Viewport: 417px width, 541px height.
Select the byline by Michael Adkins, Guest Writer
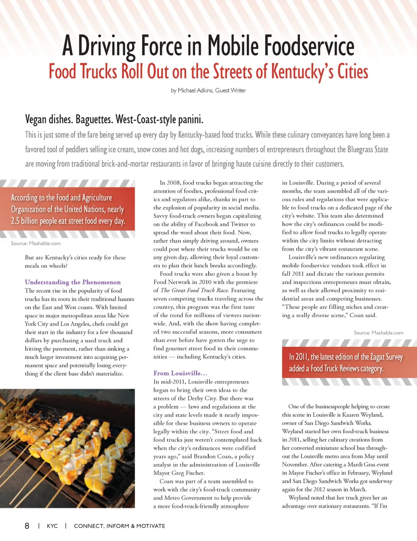(208, 90)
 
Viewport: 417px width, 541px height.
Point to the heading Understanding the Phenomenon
(73, 282)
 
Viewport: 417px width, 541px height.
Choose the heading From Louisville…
(180, 373)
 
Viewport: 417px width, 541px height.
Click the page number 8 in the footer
(27, 526)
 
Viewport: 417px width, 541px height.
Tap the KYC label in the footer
(52, 526)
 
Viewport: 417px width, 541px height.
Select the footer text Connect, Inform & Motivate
(119, 526)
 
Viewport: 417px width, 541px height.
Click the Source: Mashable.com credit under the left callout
(36, 243)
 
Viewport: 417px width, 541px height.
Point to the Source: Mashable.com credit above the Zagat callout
(378, 333)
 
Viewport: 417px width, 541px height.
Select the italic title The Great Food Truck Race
(194, 290)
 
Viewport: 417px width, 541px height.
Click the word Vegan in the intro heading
(36, 119)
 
